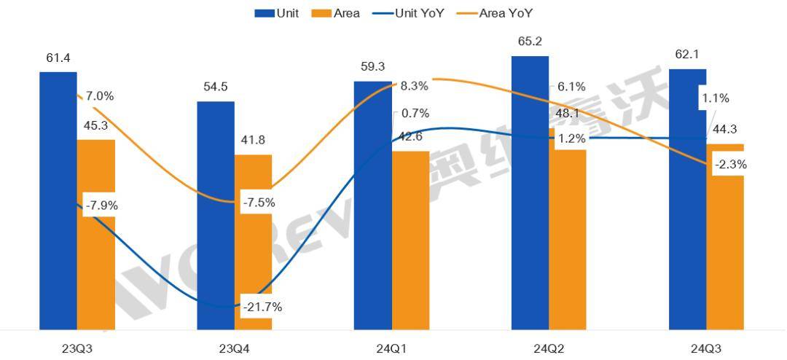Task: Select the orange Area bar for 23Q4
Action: pos(253,248)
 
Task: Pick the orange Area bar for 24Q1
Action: pos(410,240)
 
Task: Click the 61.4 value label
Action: pos(58,58)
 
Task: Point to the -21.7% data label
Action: pos(262,307)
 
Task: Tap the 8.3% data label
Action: pos(414,86)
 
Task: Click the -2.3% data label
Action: pos(731,165)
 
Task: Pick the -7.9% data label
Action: pos(101,206)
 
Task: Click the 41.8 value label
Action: pos(253,141)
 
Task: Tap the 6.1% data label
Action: pos(571,86)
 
